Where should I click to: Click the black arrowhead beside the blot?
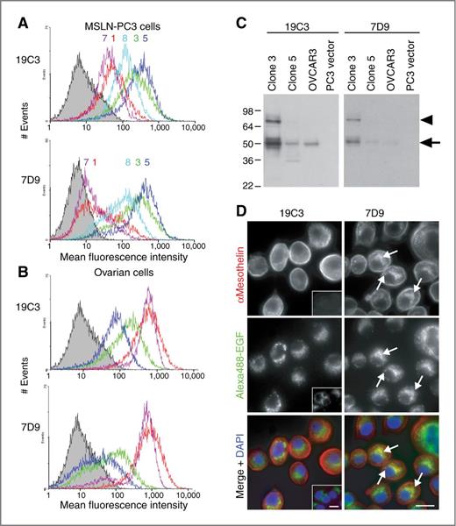426,118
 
